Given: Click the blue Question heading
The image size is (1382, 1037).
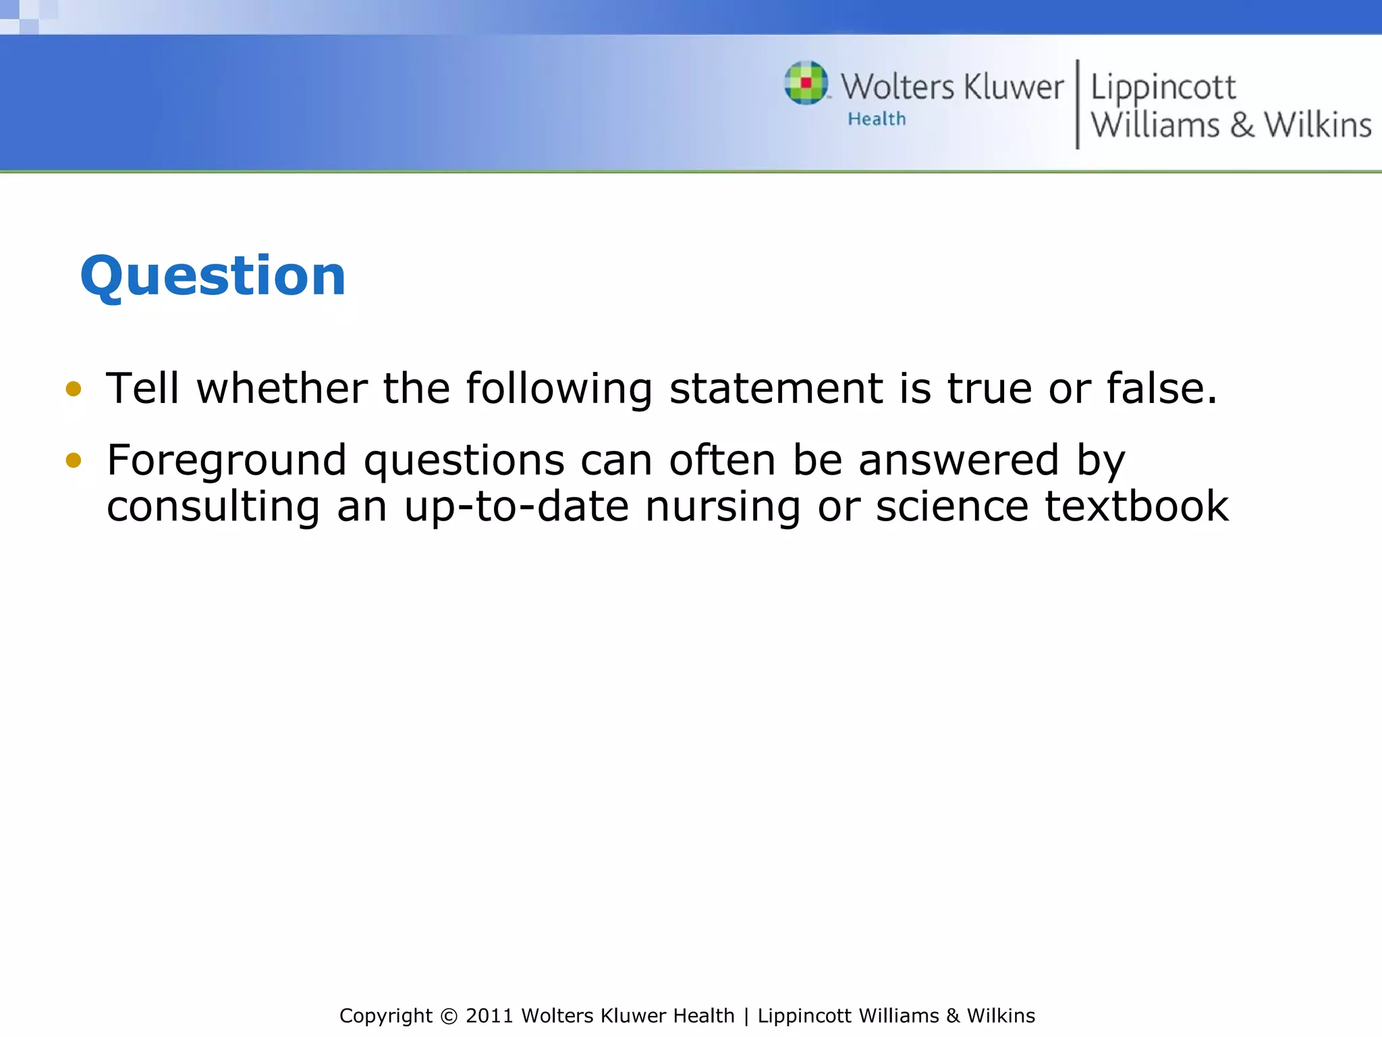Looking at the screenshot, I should coord(213,276).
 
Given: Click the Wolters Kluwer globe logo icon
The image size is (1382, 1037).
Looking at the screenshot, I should coord(806,83).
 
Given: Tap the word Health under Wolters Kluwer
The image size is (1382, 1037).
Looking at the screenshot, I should coord(877,119).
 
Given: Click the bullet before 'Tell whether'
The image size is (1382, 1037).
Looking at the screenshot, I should coord(74,389).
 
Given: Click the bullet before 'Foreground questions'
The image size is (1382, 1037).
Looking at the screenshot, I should coord(74,460).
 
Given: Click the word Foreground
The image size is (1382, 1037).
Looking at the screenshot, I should coord(227,461).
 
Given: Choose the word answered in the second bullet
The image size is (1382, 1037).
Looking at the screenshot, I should coord(958,460).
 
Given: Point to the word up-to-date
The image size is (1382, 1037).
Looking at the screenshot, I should coord(516,506).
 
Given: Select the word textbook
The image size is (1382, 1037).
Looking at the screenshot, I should coord(1136,506).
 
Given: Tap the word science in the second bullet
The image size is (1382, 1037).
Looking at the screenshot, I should coord(951,506).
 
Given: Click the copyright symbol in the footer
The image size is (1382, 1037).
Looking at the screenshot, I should coord(449,1016).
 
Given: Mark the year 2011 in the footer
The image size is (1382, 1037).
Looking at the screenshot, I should coord(489,1016).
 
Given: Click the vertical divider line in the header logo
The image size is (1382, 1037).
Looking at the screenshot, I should coord(1077,104).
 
